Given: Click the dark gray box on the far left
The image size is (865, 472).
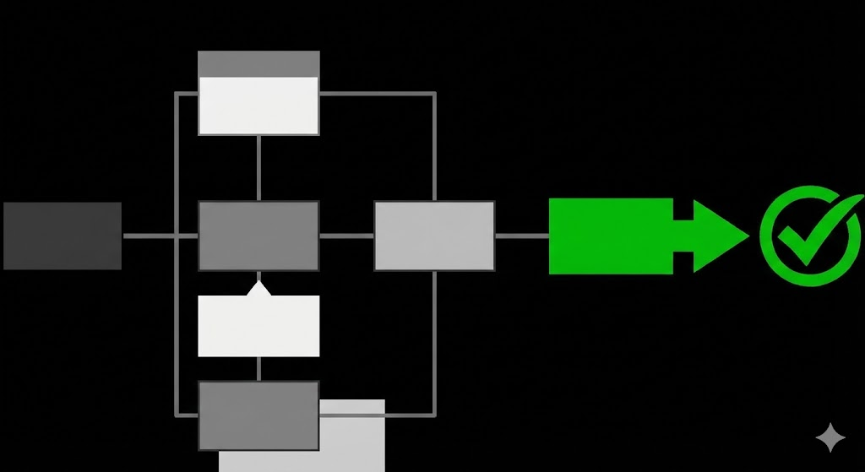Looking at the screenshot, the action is pyautogui.click(x=63, y=236).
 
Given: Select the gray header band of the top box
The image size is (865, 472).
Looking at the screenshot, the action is pyautogui.click(x=258, y=63).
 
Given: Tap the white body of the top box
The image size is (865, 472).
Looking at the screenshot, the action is pyautogui.click(x=258, y=106).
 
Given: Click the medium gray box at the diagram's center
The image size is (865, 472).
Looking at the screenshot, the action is pyautogui.click(x=258, y=236).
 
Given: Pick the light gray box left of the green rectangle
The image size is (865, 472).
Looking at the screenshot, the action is pyautogui.click(x=434, y=236).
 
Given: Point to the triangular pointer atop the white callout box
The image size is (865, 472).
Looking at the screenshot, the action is pyautogui.click(x=258, y=289).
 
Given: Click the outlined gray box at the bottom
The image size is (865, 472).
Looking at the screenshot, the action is pyautogui.click(x=258, y=415).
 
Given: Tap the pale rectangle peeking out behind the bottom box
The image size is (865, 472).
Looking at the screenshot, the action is pyautogui.click(x=353, y=435).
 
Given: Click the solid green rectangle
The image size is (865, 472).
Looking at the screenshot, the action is pyautogui.click(x=611, y=236).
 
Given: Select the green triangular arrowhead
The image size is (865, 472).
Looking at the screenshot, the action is pyautogui.click(x=718, y=236).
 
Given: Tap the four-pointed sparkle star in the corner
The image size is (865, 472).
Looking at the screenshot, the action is pyautogui.click(x=830, y=437).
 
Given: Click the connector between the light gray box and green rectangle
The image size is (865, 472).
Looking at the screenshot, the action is pyautogui.click(x=522, y=236).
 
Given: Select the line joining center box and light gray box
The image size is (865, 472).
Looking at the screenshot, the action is pyautogui.click(x=346, y=236).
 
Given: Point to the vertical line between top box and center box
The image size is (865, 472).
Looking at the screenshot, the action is pyautogui.click(x=258, y=167).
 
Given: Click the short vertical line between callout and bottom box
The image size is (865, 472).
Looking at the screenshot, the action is pyautogui.click(x=258, y=368).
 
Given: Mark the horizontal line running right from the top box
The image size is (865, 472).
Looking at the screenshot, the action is pyautogui.click(x=376, y=93).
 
